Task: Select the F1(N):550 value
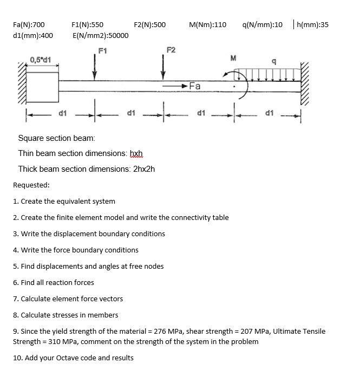[x=88, y=24]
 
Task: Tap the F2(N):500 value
[x=149, y=24]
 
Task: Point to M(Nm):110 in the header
[x=208, y=24]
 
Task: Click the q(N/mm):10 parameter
[x=263, y=24]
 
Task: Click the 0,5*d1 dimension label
[x=41, y=59]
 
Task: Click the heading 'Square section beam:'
[x=56, y=138]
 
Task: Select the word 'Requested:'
[x=31, y=185]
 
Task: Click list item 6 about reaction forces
[x=53, y=282]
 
